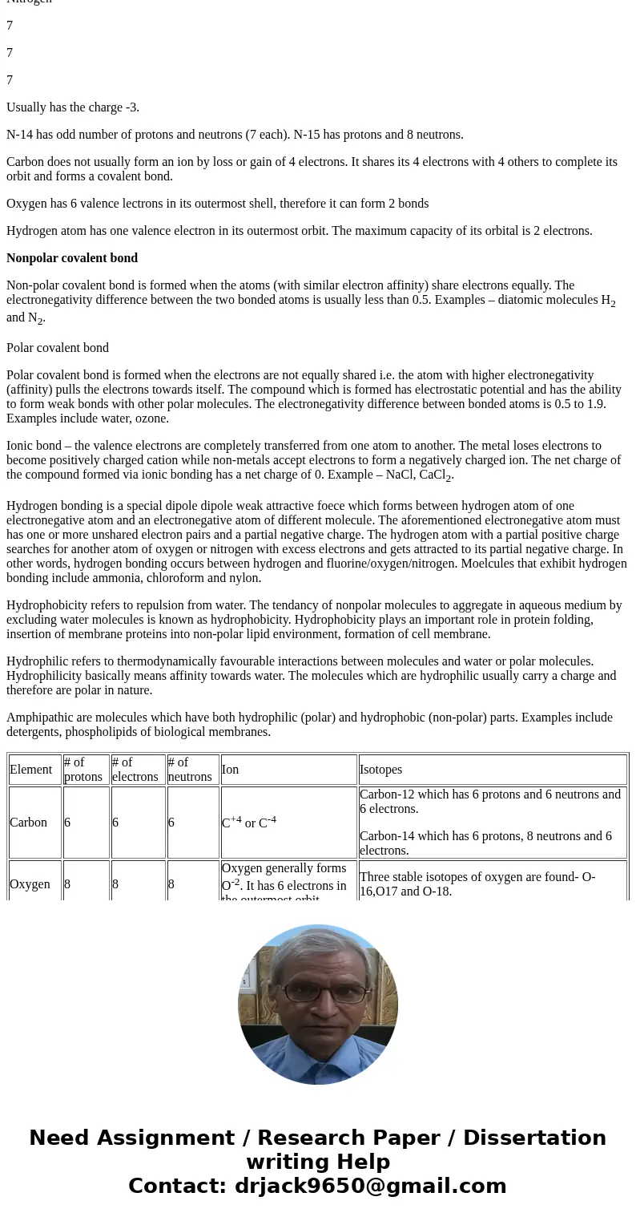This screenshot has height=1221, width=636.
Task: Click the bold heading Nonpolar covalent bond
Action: click(x=72, y=258)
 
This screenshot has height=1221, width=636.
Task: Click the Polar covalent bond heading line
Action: click(x=58, y=348)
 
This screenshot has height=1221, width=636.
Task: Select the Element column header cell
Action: click(x=31, y=770)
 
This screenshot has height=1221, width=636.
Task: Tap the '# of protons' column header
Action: click(x=83, y=770)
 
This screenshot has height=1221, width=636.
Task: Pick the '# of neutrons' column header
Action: click(x=190, y=770)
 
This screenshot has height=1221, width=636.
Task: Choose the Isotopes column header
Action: click(x=381, y=770)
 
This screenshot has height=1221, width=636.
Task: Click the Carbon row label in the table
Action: click(x=29, y=823)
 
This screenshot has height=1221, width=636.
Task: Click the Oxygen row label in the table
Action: click(x=30, y=884)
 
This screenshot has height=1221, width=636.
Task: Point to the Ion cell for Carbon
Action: click(x=249, y=823)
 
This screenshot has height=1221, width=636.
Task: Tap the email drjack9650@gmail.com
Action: click(x=370, y=1187)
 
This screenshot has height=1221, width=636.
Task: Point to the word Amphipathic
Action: click(x=38, y=718)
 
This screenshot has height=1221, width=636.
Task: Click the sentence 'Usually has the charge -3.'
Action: click(x=73, y=107)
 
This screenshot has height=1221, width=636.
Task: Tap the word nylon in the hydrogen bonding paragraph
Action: click(x=245, y=578)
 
